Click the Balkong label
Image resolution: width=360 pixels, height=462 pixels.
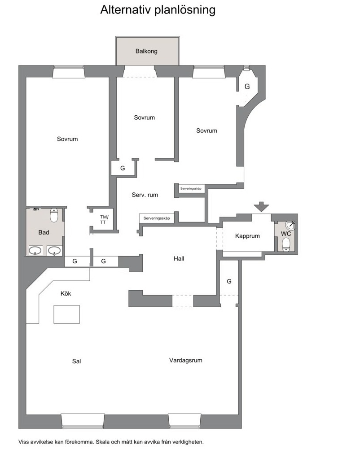tap(146, 51)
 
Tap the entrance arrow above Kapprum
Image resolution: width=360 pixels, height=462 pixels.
tap(262, 206)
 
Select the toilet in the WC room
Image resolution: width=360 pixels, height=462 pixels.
tap(286, 244)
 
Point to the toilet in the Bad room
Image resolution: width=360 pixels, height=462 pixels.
tap(54, 215)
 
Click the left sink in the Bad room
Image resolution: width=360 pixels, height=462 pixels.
tap(35, 251)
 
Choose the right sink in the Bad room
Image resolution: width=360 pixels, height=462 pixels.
tap(54, 251)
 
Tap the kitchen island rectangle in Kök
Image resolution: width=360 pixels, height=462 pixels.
tap(66, 314)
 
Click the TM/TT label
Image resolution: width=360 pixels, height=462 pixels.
tap(104, 220)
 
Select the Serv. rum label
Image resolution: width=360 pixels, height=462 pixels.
tap(145, 195)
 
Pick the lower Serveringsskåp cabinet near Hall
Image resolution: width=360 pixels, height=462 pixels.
tap(157, 218)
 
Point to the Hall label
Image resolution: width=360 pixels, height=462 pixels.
tap(179, 259)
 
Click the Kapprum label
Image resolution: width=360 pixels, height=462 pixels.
tap(247, 236)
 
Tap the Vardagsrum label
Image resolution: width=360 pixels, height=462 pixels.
tap(186, 360)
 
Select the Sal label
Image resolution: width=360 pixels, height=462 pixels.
tap(76, 361)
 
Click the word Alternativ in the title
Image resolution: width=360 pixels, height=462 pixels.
tap(126, 10)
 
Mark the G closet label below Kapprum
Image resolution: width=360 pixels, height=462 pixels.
tap(229, 281)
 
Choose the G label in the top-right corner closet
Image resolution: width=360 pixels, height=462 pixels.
tap(247, 87)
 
